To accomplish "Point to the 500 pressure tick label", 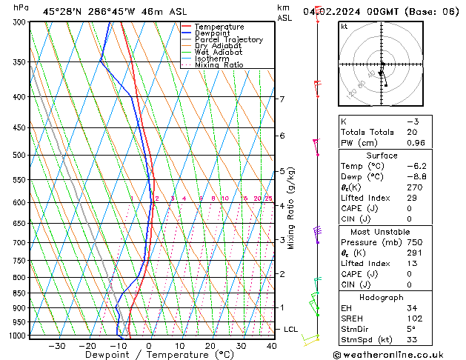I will tap(19, 156).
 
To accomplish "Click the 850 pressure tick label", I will tap(19, 293).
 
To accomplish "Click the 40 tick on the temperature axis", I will tap(272, 346).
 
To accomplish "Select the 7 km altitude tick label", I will tap(282, 99).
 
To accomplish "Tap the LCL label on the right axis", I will tap(291, 329).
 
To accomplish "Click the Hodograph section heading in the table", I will tap(382, 297).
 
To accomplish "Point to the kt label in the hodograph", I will tap(344, 27).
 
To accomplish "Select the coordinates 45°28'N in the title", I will tap(64, 12).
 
